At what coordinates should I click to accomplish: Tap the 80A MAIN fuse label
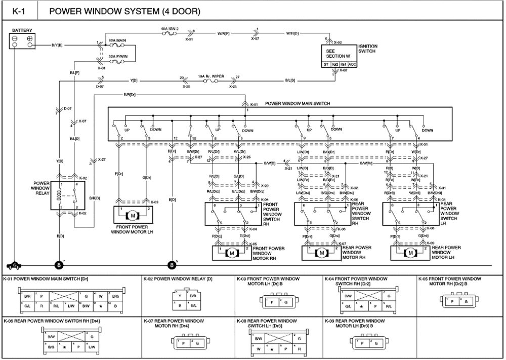[x=117, y=39]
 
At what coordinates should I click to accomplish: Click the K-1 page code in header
[x=19, y=11]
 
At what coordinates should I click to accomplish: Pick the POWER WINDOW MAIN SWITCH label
[x=298, y=103]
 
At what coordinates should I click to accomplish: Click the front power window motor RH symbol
[x=232, y=252]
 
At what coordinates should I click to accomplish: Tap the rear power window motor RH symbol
[x=322, y=252]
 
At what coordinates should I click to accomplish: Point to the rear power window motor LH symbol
[x=411, y=252]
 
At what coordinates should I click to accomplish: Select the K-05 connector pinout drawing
[x=458, y=301]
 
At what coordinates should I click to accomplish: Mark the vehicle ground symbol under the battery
[x=15, y=264]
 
